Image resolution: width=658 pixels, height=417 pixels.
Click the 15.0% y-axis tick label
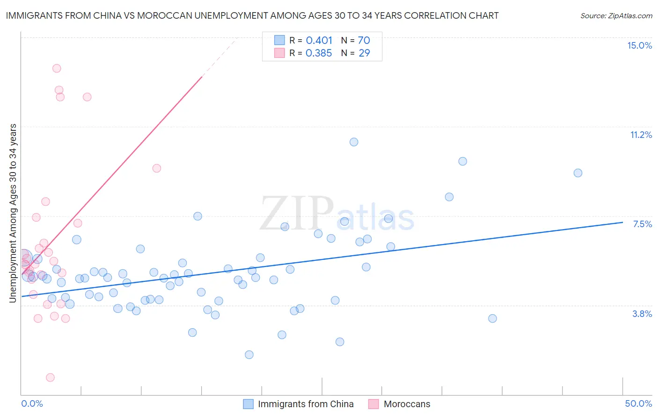pyautogui.click(x=639, y=45)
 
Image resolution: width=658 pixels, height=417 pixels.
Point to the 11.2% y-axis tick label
pyautogui.click(x=641, y=135)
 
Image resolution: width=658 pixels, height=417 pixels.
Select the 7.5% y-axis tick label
pyautogui.click(x=642, y=224)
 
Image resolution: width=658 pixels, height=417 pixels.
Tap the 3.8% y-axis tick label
pyautogui.click(x=642, y=314)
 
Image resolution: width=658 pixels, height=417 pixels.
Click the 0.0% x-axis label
pyautogui.click(x=32, y=403)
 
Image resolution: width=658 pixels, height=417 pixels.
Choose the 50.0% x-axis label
pyautogui.click(x=638, y=403)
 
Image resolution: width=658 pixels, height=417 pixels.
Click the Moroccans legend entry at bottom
pyautogui.click(x=406, y=404)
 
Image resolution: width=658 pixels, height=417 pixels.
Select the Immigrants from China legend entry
pyautogui.click(x=305, y=404)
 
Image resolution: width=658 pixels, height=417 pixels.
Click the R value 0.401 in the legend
pyautogui.click(x=319, y=41)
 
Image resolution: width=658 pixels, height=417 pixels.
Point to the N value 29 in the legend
pyautogui.click(x=364, y=53)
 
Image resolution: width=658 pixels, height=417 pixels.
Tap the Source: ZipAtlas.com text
pyautogui.click(x=616, y=16)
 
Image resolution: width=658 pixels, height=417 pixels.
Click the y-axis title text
pyautogui.click(x=13, y=213)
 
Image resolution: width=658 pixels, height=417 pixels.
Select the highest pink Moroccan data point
pyautogui.click(x=57, y=68)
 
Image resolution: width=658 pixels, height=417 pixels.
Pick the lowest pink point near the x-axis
pyautogui.click(x=50, y=377)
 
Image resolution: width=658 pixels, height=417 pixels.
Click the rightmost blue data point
pyautogui.click(x=578, y=173)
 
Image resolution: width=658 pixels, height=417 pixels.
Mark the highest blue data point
pyautogui.click(x=354, y=142)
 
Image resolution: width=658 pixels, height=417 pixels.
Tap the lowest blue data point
pyautogui.click(x=249, y=355)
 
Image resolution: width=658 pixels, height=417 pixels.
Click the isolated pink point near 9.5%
pyautogui.click(x=157, y=168)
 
